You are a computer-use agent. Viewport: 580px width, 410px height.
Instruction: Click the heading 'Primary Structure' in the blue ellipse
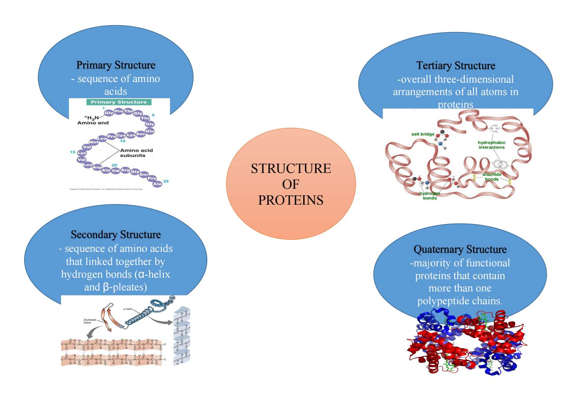[116, 65]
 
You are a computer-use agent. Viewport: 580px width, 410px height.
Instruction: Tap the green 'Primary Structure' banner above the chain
[119, 102]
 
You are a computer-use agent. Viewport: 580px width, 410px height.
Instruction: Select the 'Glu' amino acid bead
[150, 131]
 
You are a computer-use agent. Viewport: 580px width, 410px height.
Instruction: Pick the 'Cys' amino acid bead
[121, 135]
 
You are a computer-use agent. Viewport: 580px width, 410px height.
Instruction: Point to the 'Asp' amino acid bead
[97, 167]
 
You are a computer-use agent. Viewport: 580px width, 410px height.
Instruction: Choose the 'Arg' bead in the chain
[125, 170]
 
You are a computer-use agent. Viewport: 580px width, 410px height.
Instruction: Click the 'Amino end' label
[93, 123]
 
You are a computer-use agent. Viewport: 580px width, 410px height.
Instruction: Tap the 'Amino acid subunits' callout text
[136, 153]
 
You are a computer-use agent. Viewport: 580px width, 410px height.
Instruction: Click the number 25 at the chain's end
[166, 181]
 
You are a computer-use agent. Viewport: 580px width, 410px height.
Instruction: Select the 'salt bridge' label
[422, 134]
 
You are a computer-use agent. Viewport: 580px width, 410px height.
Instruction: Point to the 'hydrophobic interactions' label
[491, 145]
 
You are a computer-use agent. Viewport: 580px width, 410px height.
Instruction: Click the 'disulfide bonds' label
[492, 177]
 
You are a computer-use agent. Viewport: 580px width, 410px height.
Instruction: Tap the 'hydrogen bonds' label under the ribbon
[430, 196]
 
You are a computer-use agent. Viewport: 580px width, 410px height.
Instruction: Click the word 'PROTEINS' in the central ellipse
[291, 200]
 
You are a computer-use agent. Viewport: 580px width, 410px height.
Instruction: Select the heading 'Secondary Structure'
[116, 235]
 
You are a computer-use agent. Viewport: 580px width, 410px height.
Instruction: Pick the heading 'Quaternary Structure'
[460, 249]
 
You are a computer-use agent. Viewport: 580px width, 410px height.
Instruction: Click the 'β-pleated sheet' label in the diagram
[90, 321]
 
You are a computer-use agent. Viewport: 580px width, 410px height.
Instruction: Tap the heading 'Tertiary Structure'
[455, 65]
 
